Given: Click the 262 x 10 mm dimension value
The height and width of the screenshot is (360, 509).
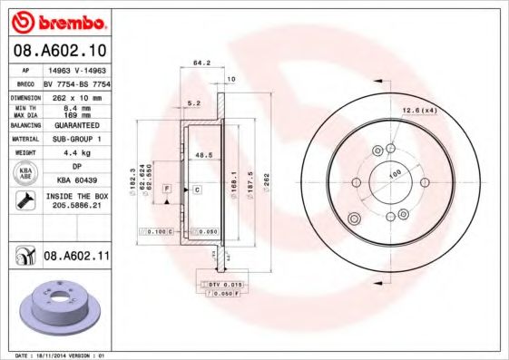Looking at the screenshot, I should pyautogui.click(x=75, y=96).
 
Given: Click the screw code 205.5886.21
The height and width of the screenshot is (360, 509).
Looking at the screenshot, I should pyautogui.click(x=75, y=206).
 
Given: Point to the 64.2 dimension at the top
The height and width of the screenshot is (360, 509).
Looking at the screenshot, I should pyautogui.click(x=201, y=63).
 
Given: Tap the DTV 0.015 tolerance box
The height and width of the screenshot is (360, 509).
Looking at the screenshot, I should pyautogui.click(x=219, y=286).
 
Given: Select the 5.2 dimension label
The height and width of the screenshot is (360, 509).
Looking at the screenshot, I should pyautogui.click(x=192, y=103).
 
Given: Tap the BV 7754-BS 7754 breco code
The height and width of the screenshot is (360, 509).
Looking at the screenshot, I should pyautogui.click(x=75, y=82).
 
